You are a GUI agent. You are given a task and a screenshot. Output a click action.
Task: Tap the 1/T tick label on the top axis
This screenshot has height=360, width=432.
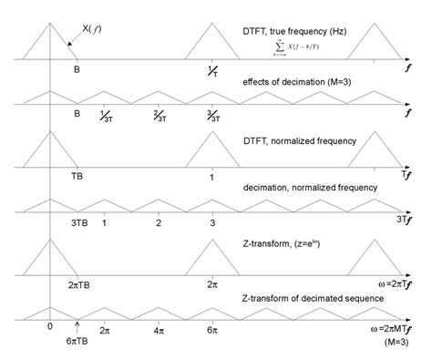click(212, 71)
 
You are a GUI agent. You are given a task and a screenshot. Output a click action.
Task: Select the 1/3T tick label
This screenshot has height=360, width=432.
click(106, 116)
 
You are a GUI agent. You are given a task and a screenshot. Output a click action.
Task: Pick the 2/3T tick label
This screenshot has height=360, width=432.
click(159, 116)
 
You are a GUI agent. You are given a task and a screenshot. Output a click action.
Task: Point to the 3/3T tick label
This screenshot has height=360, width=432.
click(212, 116)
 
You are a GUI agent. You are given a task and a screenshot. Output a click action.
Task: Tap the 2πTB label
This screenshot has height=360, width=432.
click(79, 283)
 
